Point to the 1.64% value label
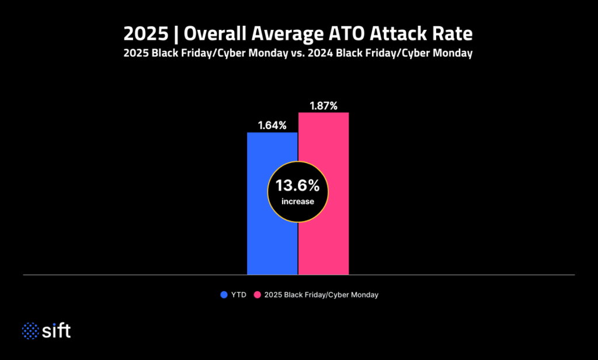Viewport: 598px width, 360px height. coord(272,125)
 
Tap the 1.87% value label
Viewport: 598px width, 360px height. coord(324,106)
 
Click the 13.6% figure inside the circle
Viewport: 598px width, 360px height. coord(298,186)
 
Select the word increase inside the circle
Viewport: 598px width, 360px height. coord(298,202)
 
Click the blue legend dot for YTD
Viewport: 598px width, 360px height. coord(224,295)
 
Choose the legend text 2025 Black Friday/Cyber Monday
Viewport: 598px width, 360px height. coord(321,295)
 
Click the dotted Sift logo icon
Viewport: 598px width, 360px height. coord(30,331)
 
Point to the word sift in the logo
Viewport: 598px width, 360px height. coord(57,331)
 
